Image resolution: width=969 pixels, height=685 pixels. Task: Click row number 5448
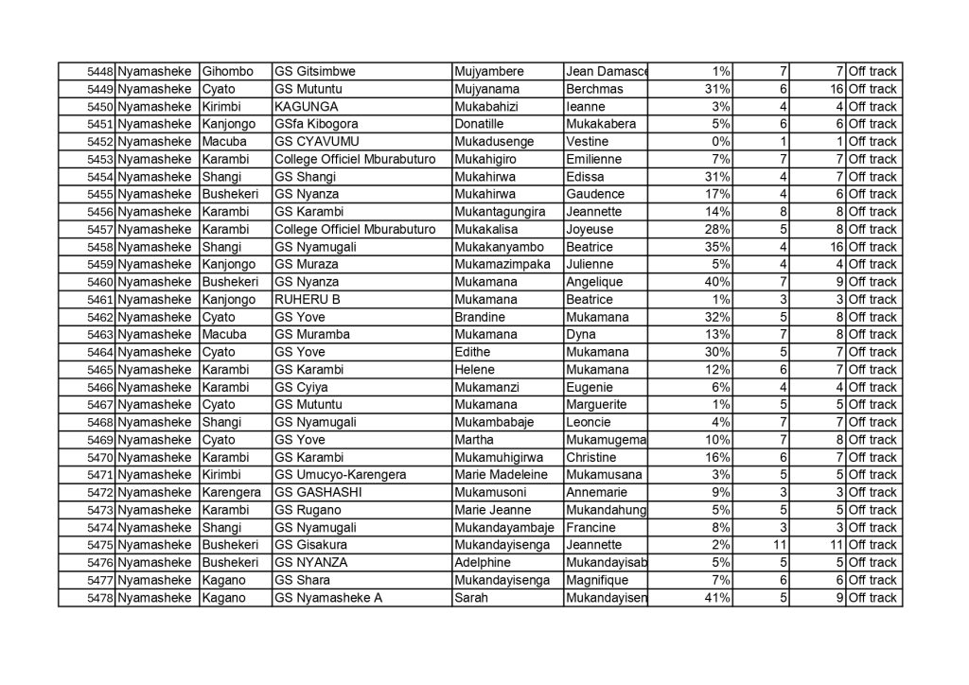pos(100,72)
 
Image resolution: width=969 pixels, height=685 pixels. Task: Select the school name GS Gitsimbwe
pos(308,72)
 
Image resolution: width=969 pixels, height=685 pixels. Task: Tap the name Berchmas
pos(593,89)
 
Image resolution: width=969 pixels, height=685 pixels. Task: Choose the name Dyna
pos(580,335)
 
